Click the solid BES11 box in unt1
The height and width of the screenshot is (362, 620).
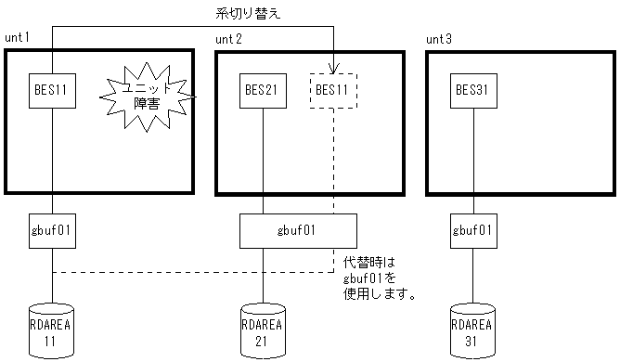click(52, 92)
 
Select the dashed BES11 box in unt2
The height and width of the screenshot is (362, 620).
click(333, 92)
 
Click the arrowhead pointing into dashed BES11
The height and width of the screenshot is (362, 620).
click(333, 68)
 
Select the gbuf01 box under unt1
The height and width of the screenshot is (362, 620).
click(52, 228)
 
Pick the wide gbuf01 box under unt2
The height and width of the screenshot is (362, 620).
click(298, 228)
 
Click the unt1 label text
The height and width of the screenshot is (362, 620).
click(18, 37)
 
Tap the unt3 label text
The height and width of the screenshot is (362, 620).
click(439, 39)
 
